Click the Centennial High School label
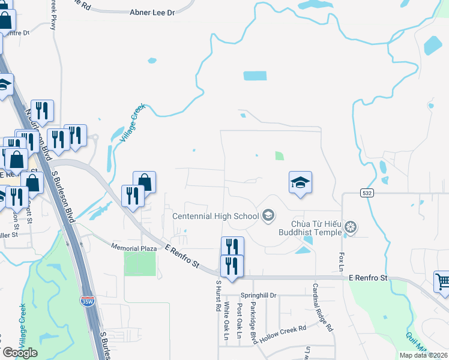[214, 216]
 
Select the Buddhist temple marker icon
[352, 227]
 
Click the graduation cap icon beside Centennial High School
[268, 215]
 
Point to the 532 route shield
[367, 193]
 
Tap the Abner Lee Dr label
[152, 12]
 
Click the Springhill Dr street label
[258, 295]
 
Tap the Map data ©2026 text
[423, 355]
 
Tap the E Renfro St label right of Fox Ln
[369, 278]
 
